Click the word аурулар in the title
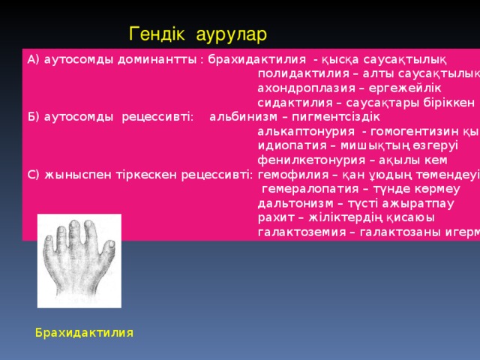click(232, 34)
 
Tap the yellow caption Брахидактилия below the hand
click(84, 332)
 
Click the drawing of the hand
click(79, 260)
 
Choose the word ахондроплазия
click(297, 88)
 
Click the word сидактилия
click(288, 102)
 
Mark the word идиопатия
click(286, 145)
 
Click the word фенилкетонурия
click(301, 159)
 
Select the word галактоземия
click(295, 231)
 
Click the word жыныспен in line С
click(71, 174)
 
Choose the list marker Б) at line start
click(33, 116)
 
